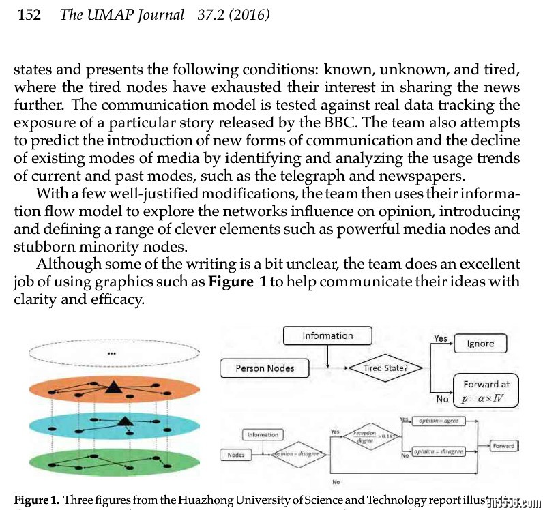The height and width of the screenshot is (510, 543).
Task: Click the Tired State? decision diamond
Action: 385,369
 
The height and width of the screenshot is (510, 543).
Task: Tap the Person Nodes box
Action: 265,368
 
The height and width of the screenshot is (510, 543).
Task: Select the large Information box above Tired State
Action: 327,335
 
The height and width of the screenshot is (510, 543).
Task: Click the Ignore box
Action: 480,344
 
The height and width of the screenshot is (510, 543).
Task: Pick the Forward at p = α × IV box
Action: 486,391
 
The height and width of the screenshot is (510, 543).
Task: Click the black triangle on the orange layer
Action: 112,388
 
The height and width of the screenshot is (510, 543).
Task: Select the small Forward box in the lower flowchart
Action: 503,446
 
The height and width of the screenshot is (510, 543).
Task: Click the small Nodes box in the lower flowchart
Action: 235,454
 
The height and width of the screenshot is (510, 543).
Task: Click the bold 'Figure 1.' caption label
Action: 35,500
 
